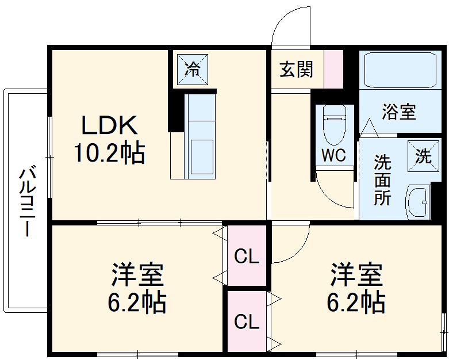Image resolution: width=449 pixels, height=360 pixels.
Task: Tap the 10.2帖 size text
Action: point(109,153)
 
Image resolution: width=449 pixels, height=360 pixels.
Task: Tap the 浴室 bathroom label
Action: point(399,112)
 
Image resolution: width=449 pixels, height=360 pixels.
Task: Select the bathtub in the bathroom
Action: point(398,72)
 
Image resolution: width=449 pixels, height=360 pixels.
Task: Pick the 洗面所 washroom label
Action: point(383,179)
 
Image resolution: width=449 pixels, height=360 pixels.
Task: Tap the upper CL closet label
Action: point(247,257)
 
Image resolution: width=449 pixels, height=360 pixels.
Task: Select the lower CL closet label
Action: point(247,323)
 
